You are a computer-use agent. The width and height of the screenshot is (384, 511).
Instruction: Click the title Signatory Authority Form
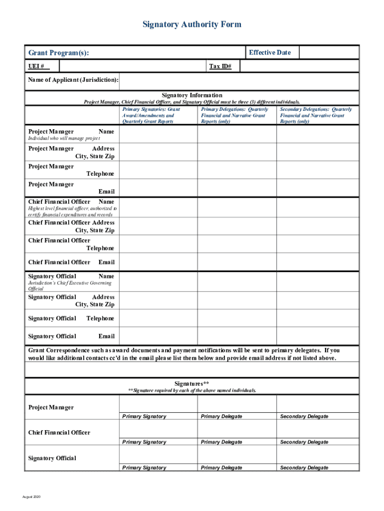point(192,24)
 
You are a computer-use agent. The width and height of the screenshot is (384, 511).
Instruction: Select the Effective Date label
point(269,52)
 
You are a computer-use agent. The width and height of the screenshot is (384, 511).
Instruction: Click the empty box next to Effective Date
point(328,52)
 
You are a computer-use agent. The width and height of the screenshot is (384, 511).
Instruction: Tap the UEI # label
point(36,66)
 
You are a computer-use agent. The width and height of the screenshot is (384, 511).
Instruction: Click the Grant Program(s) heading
point(59,53)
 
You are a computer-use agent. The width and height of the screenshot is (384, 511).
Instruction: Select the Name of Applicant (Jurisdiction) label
point(73,80)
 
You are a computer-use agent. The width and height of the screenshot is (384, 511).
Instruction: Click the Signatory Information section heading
point(192,95)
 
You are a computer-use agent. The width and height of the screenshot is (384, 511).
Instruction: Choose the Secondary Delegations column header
point(316,115)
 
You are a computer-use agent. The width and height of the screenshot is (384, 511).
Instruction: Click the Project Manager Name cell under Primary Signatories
point(159,134)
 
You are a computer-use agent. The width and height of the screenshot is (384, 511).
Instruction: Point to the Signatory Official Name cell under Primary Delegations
point(237,281)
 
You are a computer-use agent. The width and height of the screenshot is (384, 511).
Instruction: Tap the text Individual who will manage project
point(64,138)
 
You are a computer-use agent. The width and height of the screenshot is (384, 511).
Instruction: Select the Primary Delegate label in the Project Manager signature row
point(221,416)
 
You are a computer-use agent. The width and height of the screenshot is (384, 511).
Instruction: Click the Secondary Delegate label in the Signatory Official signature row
point(304,468)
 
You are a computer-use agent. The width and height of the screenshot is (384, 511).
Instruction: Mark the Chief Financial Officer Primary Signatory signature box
point(159,429)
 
